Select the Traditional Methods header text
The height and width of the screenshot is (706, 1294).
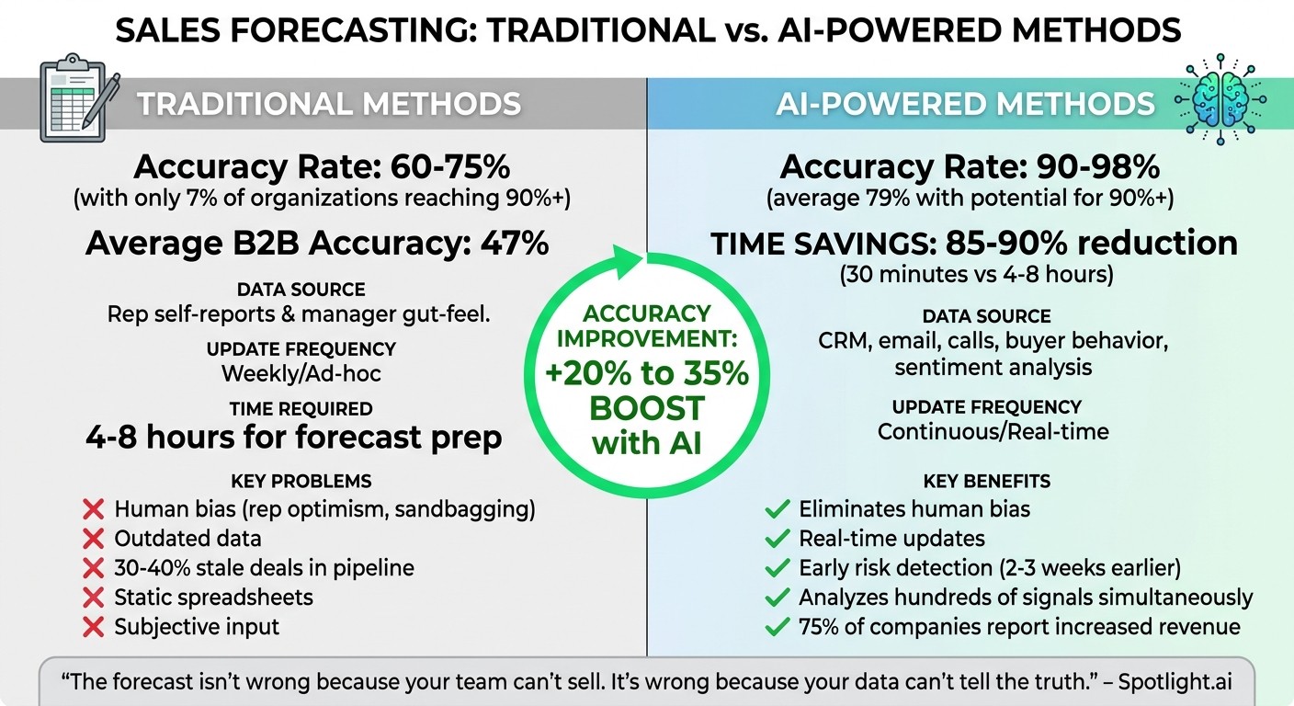[x=329, y=104]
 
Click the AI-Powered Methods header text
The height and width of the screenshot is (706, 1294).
[x=965, y=104]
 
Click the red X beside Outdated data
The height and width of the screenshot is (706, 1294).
[x=93, y=539]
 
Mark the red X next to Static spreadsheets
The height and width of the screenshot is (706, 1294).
[x=93, y=598]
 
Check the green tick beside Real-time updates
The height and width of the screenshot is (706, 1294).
[x=778, y=539]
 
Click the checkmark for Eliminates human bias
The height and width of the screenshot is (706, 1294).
[x=778, y=509]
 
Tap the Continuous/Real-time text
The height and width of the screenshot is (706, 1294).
[x=993, y=431]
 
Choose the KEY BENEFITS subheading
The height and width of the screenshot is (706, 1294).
[x=986, y=481]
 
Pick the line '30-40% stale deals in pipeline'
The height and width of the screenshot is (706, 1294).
[x=264, y=568]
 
